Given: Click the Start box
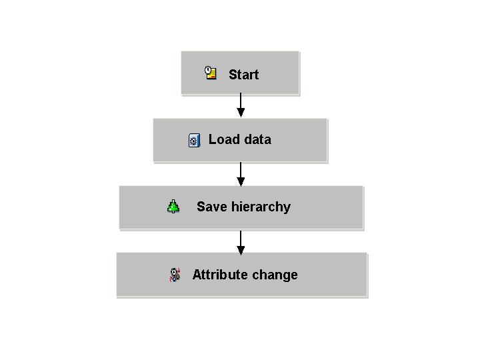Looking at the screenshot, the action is click(240, 73).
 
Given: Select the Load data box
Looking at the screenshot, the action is click(240, 141).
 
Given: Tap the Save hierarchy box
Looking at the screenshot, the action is click(241, 208).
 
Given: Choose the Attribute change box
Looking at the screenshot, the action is click(242, 275).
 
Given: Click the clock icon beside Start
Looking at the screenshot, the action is click(211, 73).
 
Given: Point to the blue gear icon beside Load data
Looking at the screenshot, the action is click(195, 140).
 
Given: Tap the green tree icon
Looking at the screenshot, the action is click(173, 206).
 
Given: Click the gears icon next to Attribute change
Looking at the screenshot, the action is click(175, 275).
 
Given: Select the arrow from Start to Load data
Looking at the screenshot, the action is click(241, 105).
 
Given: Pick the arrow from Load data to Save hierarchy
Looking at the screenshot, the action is click(241, 174).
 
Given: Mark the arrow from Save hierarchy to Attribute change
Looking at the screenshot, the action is click(241, 243).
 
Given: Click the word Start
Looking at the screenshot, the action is click(244, 75).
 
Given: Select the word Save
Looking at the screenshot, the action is click(212, 207).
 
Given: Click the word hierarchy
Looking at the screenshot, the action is click(261, 207).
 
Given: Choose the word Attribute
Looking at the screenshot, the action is click(221, 275).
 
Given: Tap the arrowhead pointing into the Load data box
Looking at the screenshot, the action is click(241, 113).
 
